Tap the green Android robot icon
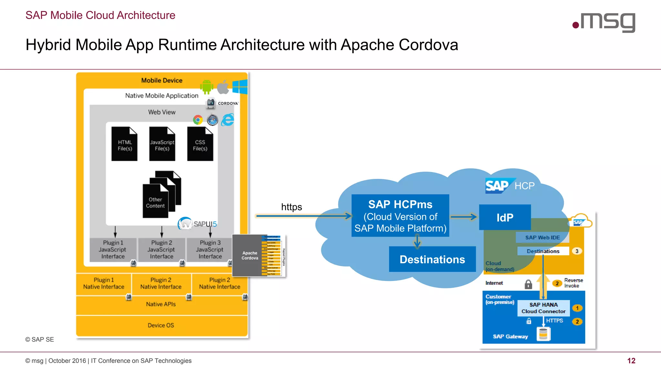click(x=207, y=87)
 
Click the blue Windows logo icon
click(x=240, y=87)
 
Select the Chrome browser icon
click(x=198, y=120)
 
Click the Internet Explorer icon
click(x=228, y=120)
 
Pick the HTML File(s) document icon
click(x=125, y=144)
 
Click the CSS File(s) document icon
click(x=200, y=144)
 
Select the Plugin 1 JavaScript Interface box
click(x=113, y=249)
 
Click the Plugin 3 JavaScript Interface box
click(x=210, y=249)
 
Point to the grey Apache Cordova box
click(x=249, y=255)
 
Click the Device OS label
click(x=161, y=325)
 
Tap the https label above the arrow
click(x=291, y=207)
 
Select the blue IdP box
click(x=505, y=217)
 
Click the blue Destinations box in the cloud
click(x=432, y=259)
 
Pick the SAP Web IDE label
click(x=542, y=237)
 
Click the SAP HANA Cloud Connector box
click(x=543, y=308)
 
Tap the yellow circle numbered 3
click(x=577, y=251)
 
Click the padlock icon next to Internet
click(x=528, y=284)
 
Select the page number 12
click(x=631, y=361)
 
